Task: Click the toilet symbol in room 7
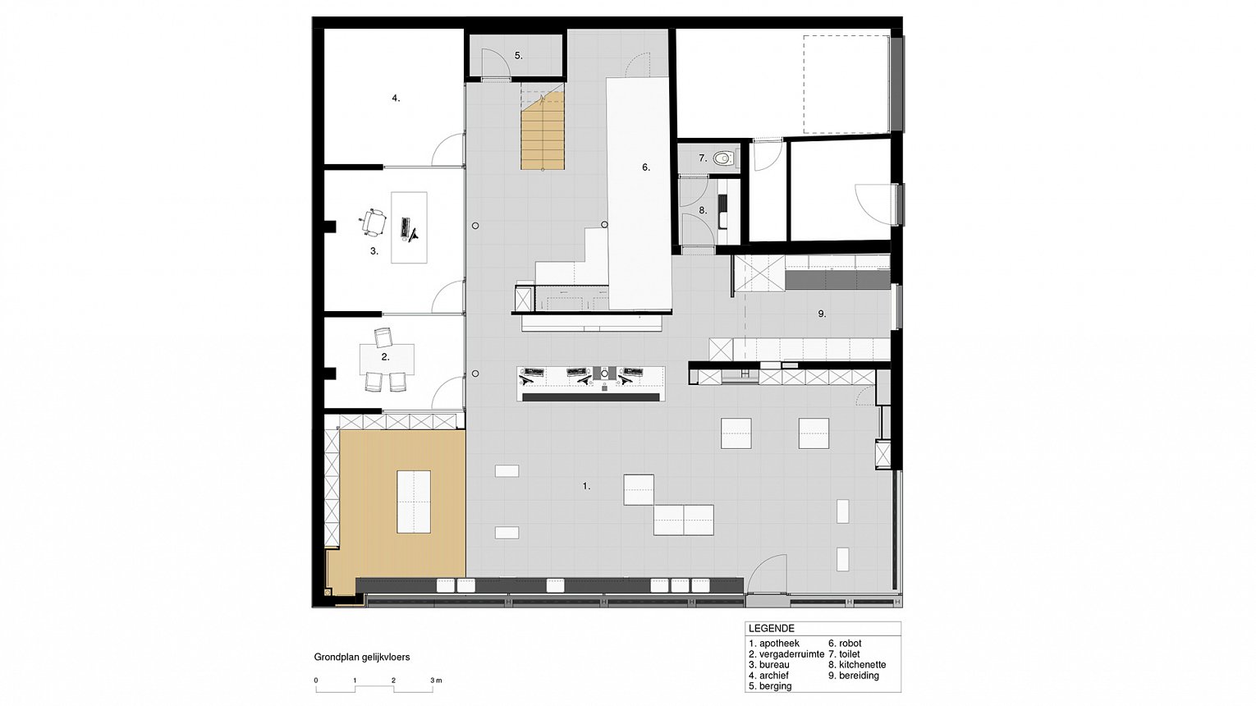[724, 158]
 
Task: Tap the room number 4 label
[396, 99]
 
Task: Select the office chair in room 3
[372, 222]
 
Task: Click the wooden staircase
[542, 131]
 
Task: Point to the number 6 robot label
[646, 167]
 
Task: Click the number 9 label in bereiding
[822, 314]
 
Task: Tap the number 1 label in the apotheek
[586, 486]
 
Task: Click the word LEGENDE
[772, 629]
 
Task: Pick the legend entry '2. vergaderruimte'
[786, 653]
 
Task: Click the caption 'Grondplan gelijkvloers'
[362, 658]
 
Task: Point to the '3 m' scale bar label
[436, 681]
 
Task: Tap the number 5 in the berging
[519, 56]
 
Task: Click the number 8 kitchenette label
[703, 210]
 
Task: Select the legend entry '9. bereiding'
[854, 676]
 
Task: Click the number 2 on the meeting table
[385, 356]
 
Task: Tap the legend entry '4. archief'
[768, 675]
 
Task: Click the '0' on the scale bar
[316, 681]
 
